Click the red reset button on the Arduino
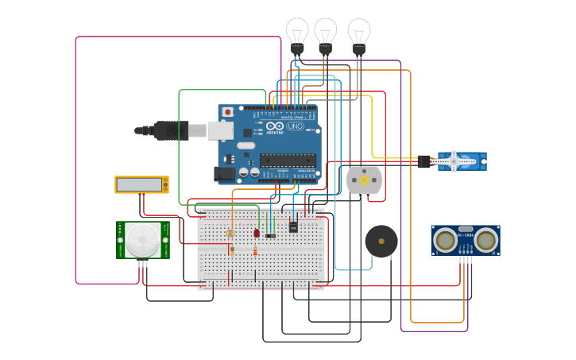pyautogui.click(x=228, y=112)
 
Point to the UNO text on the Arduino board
pyautogui.click(x=295, y=126)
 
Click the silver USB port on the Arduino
pyautogui.click(x=220, y=130)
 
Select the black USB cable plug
pyautogui.click(x=170, y=130)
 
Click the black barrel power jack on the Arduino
pyautogui.click(x=224, y=172)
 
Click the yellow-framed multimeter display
pyautogui.click(x=141, y=184)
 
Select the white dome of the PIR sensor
pyautogui.click(x=143, y=239)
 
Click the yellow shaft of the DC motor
pyautogui.click(x=365, y=180)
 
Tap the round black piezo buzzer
pyautogui.click(x=381, y=241)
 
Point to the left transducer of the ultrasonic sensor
pyautogui.click(x=446, y=238)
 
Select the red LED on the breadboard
pyautogui.click(x=257, y=233)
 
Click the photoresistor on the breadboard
pyautogui.click(x=230, y=233)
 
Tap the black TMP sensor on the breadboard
pyautogui.click(x=293, y=227)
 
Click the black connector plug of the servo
pyautogui.click(x=424, y=161)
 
